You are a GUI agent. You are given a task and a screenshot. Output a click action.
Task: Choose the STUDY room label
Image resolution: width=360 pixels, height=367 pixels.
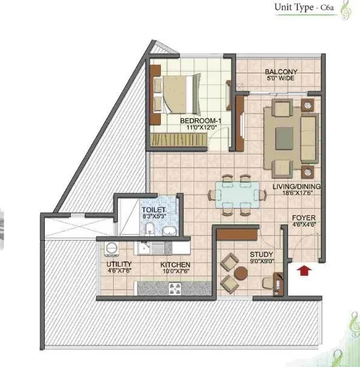coord(261,255)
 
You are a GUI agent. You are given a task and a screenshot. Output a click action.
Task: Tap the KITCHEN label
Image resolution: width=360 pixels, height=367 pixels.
coord(175,265)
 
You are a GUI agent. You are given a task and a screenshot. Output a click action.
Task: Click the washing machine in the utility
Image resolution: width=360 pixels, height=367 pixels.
coord(110,248)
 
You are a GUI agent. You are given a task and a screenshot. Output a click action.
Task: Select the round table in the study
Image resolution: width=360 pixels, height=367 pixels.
coord(240,273)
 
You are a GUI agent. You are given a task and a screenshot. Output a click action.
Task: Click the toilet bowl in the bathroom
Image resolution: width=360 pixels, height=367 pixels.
coord(149,229)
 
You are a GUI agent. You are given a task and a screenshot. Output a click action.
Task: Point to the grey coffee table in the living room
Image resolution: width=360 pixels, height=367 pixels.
coord(284,139)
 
